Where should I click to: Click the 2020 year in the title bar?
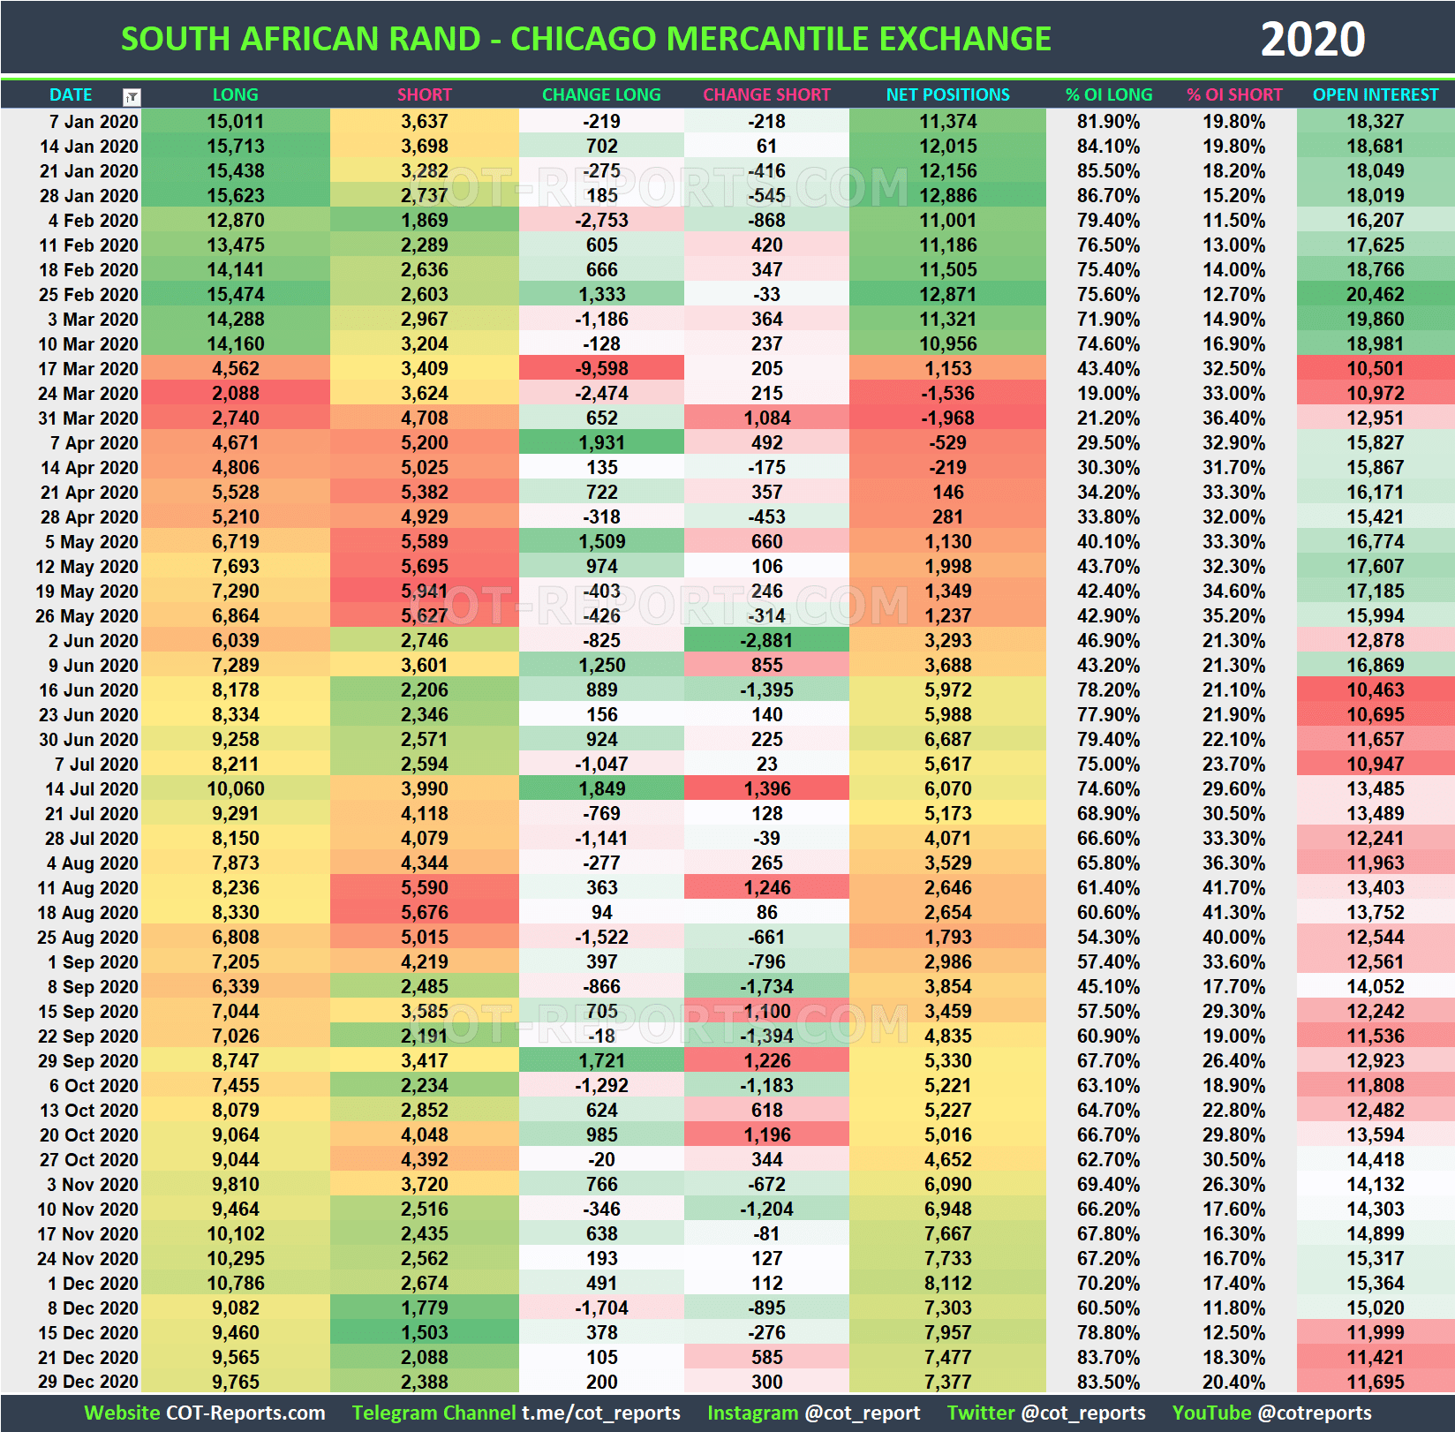(1312, 40)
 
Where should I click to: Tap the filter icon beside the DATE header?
(132, 96)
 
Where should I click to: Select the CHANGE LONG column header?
(601, 94)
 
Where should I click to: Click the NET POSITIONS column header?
(947, 94)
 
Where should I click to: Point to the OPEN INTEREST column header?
(1375, 94)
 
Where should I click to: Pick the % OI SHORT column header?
(1234, 94)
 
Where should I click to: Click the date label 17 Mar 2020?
(88, 369)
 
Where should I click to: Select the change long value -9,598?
(601, 369)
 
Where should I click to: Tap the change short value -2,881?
(766, 641)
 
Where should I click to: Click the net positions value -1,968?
(947, 418)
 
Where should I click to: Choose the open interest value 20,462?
(1375, 295)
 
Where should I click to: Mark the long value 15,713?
(235, 147)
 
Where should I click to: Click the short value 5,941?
(424, 592)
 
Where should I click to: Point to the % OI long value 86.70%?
(1108, 196)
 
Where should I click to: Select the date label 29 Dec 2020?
(88, 1383)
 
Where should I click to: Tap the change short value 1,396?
(766, 789)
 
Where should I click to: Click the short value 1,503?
(424, 1333)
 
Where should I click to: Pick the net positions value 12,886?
(947, 196)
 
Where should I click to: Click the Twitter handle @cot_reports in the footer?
(1082, 1413)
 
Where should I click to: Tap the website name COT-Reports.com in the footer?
(245, 1413)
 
